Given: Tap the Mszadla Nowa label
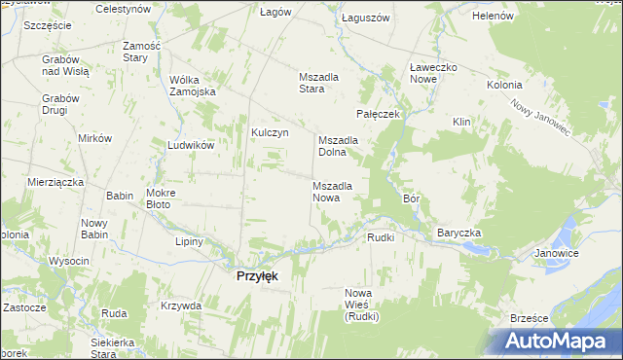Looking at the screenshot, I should [339, 192].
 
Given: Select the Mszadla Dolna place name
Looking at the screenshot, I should [339, 146].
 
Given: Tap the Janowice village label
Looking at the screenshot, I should [556, 254].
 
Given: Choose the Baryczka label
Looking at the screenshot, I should [459, 234].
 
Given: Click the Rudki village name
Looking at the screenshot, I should [380, 237].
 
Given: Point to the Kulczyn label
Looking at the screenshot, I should [271, 133].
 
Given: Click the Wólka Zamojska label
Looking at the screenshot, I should [192, 86].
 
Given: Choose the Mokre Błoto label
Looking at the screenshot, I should [159, 199].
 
